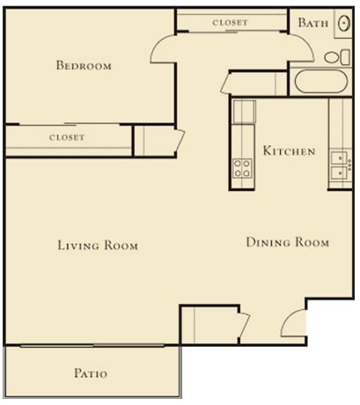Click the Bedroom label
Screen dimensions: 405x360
pyautogui.click(x=84, y=65)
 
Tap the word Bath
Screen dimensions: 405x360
pyautogui.click(x=312, y=23)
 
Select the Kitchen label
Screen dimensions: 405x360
pyautogui.click(x=289, y=151)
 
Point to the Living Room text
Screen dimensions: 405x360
pyautogui.click(x=98, y=246)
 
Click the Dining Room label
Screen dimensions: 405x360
pyautogui.click(x=287, y=242)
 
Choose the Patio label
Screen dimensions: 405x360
pyautogui.click(x=90, y=373)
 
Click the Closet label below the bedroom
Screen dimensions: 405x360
pyautogui.click(x=67, y=137)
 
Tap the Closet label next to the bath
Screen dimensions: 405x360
pyautogui.click(x=231, y=22)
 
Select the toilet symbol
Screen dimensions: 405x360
pyautogui.click(x=334, y=57)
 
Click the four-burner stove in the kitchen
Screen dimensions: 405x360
pyautogui.click(x=243, y=167)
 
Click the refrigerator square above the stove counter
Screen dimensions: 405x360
pyautogui.click(x=244, y=112)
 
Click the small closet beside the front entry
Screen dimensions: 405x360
pyautogui.click(x=209, y=326)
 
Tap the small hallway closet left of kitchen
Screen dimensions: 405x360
pyautogui.click(x=143, y=141)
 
